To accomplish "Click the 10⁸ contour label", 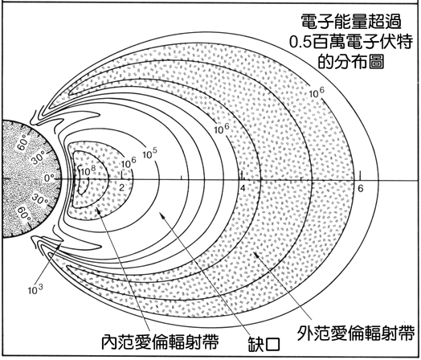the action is (x=88, y=171).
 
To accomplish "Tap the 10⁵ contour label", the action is (x=149, y=153).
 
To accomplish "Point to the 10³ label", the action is (x=35, y=289).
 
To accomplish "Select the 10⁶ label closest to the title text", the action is (x=317, y=92).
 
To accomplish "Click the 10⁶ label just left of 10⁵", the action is (x=129, y=162).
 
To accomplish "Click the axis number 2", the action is (x=121, y=187).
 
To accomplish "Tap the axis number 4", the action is (x=243, y=188).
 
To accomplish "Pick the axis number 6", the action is (x=360, y=189).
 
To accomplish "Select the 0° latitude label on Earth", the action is (x=49, y=178).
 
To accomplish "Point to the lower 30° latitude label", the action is (x=39, y=200).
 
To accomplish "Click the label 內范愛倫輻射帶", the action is (x=160, y=342).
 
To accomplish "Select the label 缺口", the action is (x=264, y=344).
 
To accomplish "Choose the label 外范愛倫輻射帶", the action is (x=356, y=333).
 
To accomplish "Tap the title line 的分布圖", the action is (x=351, y=62).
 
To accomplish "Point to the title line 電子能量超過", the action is (x=351, y=21).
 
